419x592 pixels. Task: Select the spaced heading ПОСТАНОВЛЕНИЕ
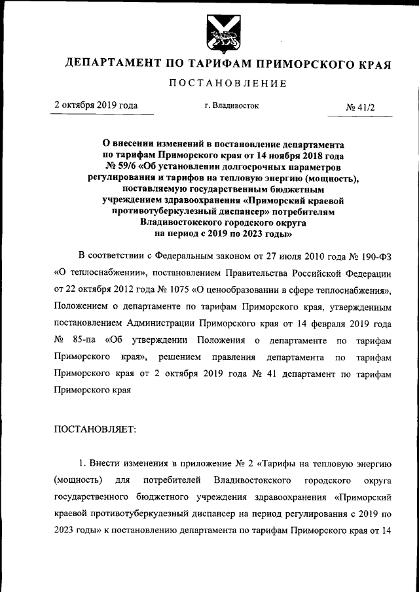[228, 83]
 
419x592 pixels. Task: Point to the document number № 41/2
[360, 107]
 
